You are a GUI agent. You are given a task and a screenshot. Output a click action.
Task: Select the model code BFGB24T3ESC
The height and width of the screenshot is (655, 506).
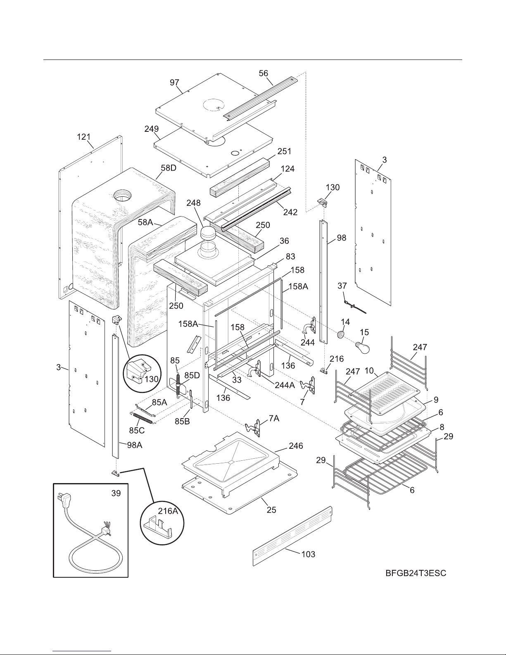coord(416,573)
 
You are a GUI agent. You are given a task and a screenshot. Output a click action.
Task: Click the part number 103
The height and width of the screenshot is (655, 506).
coord(308,554)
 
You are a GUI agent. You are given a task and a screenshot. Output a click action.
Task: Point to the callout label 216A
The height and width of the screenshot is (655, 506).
coord(168,511)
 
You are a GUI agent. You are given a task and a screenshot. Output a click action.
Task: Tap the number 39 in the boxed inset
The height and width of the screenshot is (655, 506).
coord(116,493)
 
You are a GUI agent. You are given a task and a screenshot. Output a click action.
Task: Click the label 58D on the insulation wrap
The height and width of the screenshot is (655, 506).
coord(169,168)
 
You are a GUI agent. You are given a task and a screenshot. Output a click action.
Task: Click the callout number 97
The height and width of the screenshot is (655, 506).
coord(174,83)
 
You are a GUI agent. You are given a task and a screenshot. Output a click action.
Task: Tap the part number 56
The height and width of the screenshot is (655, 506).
coord(263,73)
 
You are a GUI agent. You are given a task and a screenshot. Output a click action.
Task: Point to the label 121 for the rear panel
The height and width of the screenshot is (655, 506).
coord(84,137)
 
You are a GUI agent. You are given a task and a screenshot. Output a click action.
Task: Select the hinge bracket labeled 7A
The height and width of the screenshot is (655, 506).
coord(253,427)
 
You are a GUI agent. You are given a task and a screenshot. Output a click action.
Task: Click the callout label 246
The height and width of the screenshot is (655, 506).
coord(296,446)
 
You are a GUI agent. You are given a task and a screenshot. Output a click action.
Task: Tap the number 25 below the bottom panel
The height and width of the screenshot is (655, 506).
coord(271,510)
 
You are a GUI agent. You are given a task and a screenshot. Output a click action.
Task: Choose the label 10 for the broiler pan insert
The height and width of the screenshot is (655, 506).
coord(369,371)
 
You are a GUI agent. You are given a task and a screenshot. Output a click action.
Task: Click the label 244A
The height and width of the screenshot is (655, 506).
coord(285,385)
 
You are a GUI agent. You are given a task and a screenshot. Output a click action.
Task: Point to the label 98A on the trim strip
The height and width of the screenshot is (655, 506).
coord(134,445)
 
